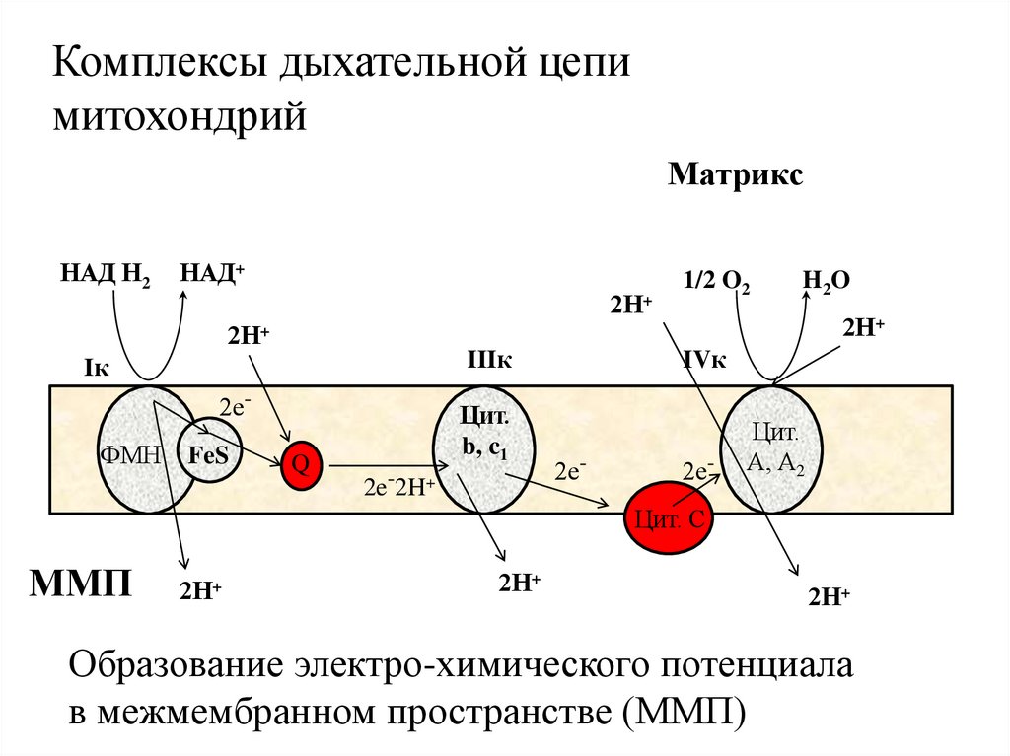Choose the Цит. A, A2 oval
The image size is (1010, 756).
pyautogui.click(x=775, y=449)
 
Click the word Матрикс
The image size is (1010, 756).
pyautogui.click(x=736, y=176)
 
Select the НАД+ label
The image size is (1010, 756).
pyautogui.click(x=211, y=273)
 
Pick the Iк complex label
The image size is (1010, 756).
pyautogui.click(x=96, y=368)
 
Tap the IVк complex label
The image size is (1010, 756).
pyautogui.click(x=704, y=361)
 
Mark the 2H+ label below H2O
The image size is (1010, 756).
pyautogui.click(x=863, y=327)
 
